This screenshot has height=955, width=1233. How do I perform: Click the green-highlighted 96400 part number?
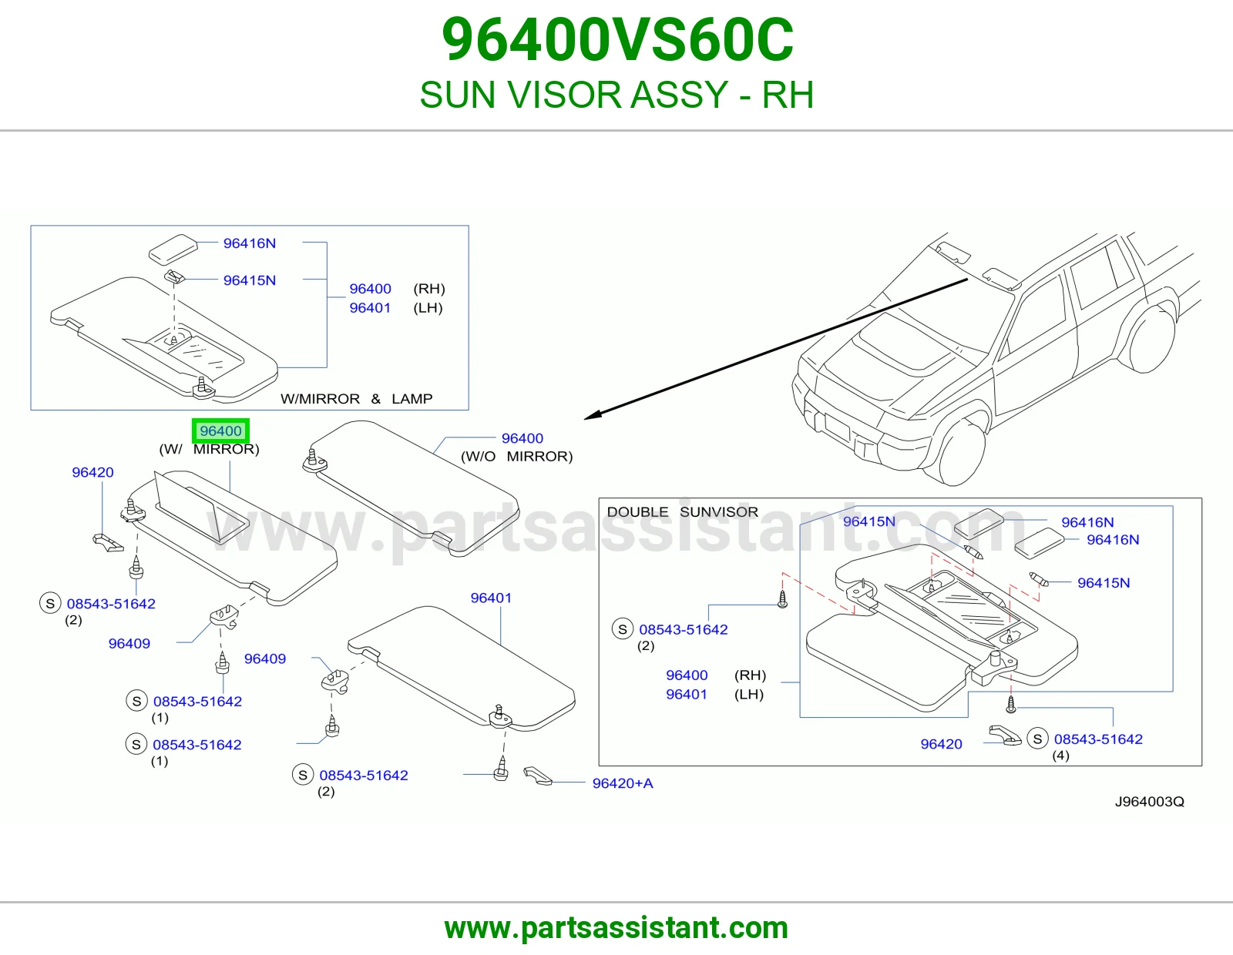click(x=220, y=431)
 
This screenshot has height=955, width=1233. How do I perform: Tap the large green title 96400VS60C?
click(x=617, y=40)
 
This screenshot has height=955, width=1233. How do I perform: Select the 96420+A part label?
click(x=623, y=783)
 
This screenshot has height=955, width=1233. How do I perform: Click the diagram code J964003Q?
click(x=1150, y=802)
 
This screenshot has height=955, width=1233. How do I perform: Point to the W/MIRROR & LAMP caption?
click(x=356, y=399)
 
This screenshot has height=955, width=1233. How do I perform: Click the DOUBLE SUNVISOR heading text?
click(x=683, y=511)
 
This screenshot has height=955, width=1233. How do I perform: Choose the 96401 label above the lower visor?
click(x=491, y=598)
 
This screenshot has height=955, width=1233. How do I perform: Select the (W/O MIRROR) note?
click(x=517, y=457)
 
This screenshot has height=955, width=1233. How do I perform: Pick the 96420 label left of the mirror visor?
click(x=92, y=472)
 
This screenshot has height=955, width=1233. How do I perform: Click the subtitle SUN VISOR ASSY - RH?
click(x=616, y=95)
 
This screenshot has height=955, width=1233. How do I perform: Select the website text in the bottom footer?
click(x=616, y=928)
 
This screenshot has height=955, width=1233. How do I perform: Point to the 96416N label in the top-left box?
click(x=250, y=243)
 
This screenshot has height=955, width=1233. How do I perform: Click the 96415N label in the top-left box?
click(x=250, y=280)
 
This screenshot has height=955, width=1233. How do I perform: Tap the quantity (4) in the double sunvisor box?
click(x=1060, y=756)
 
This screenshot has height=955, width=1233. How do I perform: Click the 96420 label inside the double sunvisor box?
click(x=942, y=744)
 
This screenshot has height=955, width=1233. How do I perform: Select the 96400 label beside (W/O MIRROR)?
click(x=522, y=438)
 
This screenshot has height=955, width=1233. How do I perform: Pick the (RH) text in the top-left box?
click(x=429, y=289)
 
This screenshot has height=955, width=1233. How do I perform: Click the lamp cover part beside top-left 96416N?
click(x=173, y=249)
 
